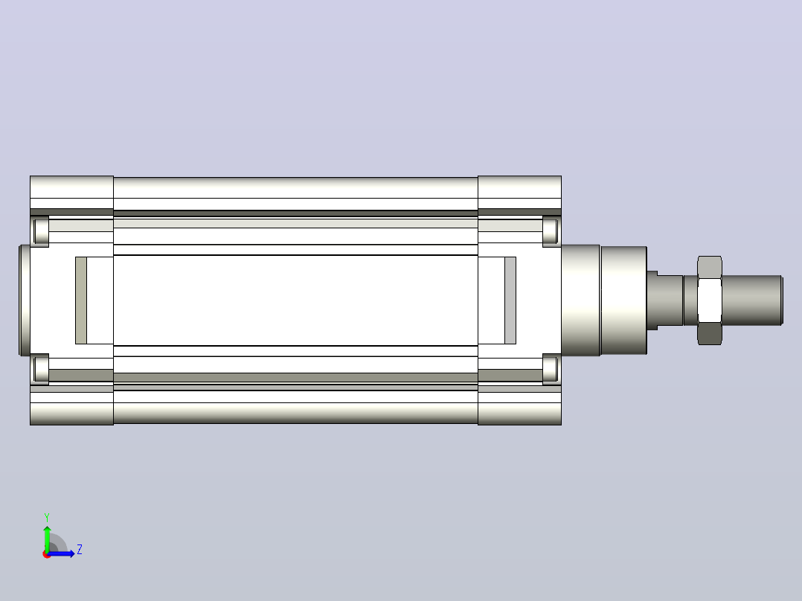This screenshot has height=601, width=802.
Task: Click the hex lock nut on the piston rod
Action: [710, 300]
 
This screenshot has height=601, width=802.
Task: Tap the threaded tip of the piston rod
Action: [752, 300]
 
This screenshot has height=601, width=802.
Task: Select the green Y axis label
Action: [47, 517]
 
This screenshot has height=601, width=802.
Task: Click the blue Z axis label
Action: [80, 550]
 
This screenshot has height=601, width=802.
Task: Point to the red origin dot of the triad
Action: [47, 554]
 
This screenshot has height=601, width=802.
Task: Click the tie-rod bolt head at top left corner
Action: [40, 231]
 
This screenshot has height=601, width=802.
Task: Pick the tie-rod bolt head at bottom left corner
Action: [40, 369]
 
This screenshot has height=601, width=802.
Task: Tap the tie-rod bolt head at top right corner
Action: [551, 231]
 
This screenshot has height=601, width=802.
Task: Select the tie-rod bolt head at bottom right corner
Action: [551, 369]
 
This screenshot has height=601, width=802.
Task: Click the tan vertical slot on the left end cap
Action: [81, 300]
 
